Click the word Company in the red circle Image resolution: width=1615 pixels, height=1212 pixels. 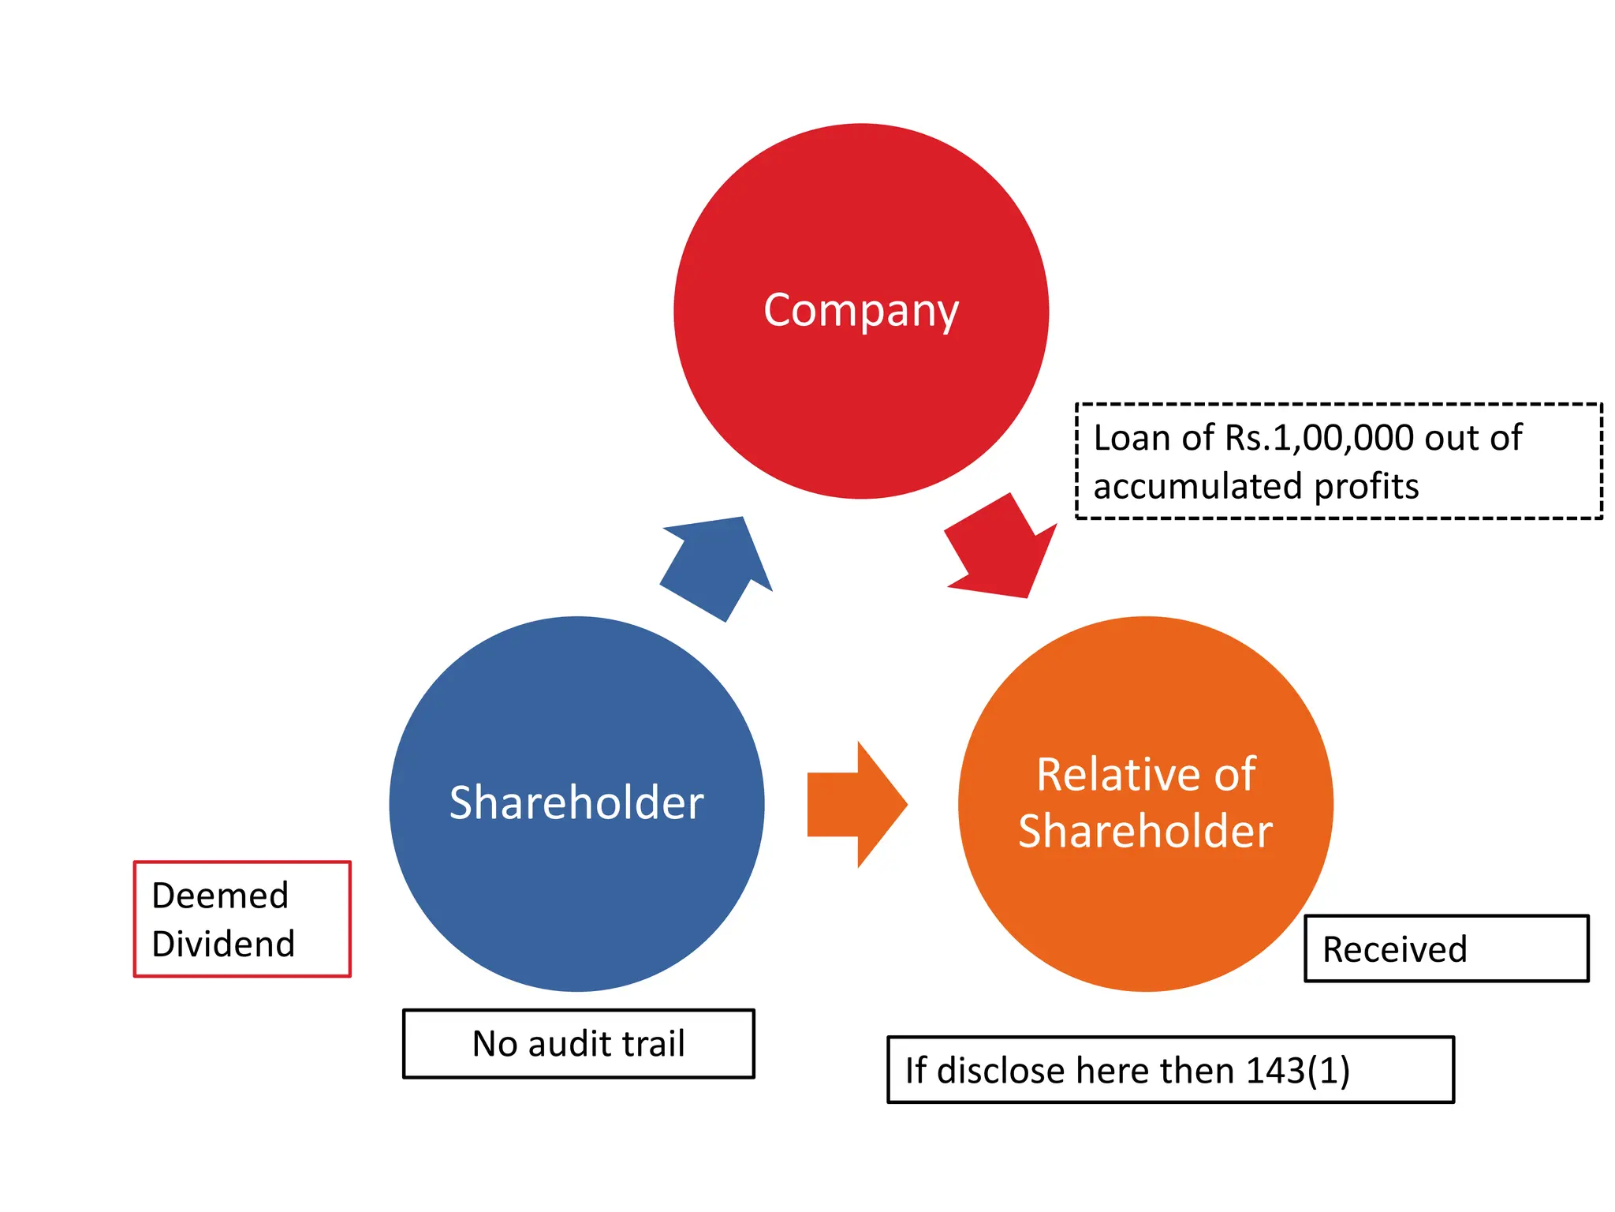click(x=860, y=310)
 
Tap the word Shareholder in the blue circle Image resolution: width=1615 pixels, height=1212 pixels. click(x=576, y=803)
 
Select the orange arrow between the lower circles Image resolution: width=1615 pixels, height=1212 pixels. click(x=856, y=804)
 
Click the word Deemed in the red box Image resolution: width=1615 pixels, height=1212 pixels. click(x=220, y=896)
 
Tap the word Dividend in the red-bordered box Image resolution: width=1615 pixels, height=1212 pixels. click(x=223, y=944)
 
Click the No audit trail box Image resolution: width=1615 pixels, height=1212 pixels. click(x=578, y=1043)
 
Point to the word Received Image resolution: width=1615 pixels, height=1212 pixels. click(x=1394, y=949)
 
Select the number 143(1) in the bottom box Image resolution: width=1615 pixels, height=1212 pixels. click(x=1298, y=1071)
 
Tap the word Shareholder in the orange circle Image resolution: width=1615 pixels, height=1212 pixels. click(x=1145, y=832)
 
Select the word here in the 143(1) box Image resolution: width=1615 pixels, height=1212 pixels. click(x=1113, y=1071)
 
